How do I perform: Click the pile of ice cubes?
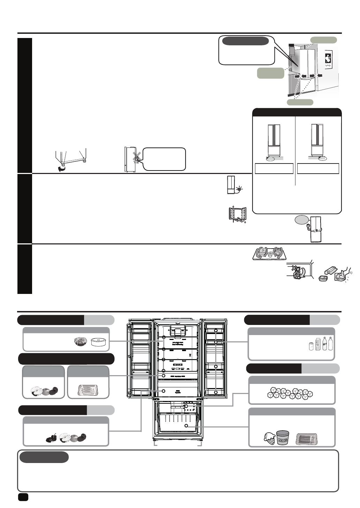click(290, 393)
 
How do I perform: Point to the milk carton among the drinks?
click(318, 344)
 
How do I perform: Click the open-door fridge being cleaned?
click(236, 215)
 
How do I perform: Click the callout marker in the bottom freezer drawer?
click(186, 426)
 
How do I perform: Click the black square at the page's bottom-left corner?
click(23, 496)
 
